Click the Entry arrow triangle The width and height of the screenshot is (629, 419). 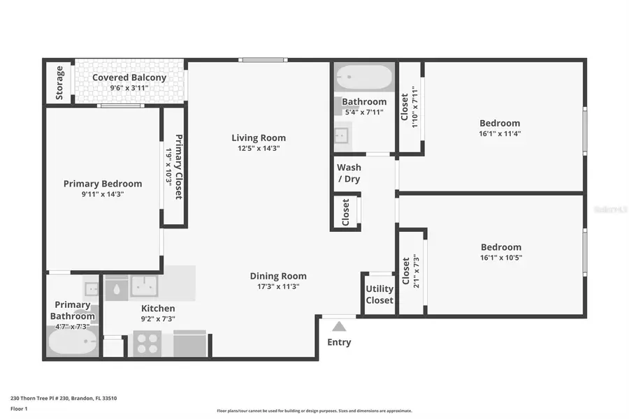point(339,326)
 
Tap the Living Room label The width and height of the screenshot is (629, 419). point(259,138)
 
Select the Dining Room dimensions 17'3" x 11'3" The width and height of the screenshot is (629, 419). point(278,287)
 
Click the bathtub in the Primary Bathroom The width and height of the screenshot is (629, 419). point(73,343)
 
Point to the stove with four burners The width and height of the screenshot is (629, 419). point(147,343)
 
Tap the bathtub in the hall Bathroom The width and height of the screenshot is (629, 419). point(363,77)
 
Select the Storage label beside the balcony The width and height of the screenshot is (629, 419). point(60,82)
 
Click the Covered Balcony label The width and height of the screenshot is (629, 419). point(129,78)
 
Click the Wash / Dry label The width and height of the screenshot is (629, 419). point(349,172)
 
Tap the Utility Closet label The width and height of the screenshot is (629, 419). point(379,294)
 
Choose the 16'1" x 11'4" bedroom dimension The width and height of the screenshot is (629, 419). point(500,133)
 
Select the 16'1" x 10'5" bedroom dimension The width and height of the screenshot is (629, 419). point(500,257)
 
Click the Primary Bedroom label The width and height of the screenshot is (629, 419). point(103,184)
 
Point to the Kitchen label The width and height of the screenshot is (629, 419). point(158,308)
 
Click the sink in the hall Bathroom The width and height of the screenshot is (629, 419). point(342,133)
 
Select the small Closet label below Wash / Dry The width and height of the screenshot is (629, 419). point(345,212)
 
